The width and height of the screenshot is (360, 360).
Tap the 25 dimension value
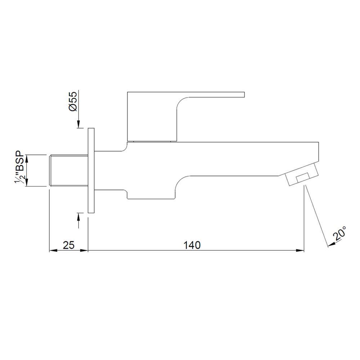[68, 245]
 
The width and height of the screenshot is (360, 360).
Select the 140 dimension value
[192, 245]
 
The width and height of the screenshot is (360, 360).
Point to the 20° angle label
[340, 234]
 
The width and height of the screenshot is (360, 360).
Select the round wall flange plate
[91, 170]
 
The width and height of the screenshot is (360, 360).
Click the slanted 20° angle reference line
[317, 216]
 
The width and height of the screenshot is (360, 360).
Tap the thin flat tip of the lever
[230, 95]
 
